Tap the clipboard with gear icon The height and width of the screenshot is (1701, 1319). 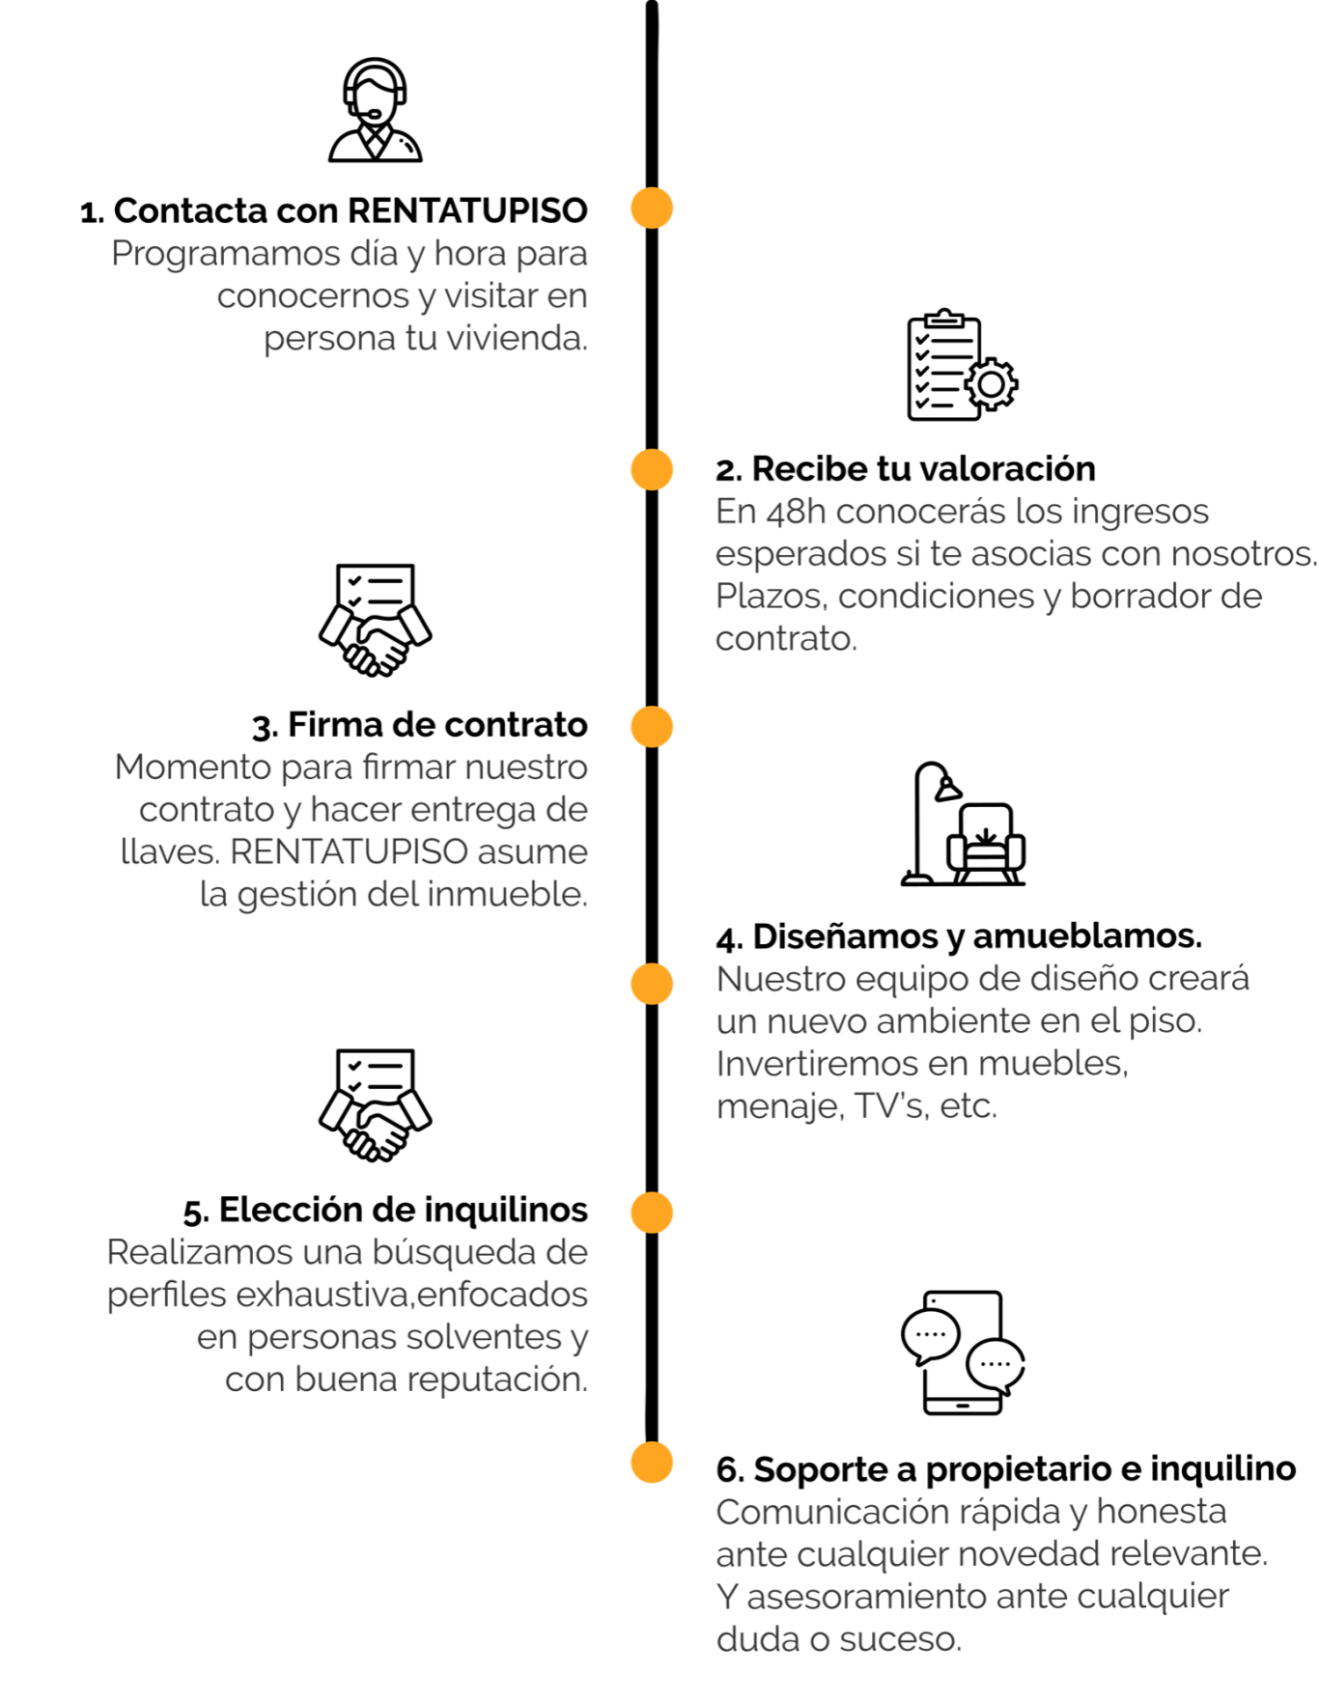point(962,365)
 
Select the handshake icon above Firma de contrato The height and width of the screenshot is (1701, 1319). point(375,620)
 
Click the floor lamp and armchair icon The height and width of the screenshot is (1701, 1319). point(963,823)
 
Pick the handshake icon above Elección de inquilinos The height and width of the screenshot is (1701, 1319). point(375,1105)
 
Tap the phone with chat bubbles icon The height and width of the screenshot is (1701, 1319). point(963,1352)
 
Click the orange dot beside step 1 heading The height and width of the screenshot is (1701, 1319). point(652,208)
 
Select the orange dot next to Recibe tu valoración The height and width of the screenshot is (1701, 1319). point(652,469)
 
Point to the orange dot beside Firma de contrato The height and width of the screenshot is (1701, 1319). point(652,726)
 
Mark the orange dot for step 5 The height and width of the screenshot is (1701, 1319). point(652,1213)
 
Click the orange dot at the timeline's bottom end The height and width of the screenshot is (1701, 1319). point(652,1462)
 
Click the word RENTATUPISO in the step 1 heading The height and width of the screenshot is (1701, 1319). point(467,210)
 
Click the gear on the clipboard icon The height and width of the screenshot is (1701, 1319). point(991,384)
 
